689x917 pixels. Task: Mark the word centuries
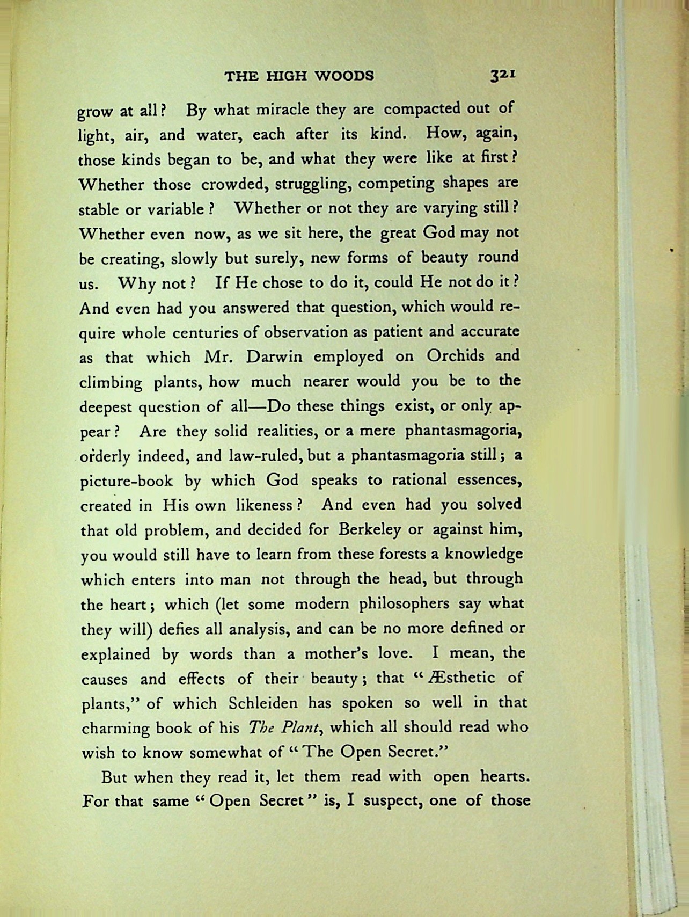click(x=206, y=333)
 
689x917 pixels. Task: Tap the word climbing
click(x=111, y=383)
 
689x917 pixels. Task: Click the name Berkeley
click(x=370, y=530)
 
